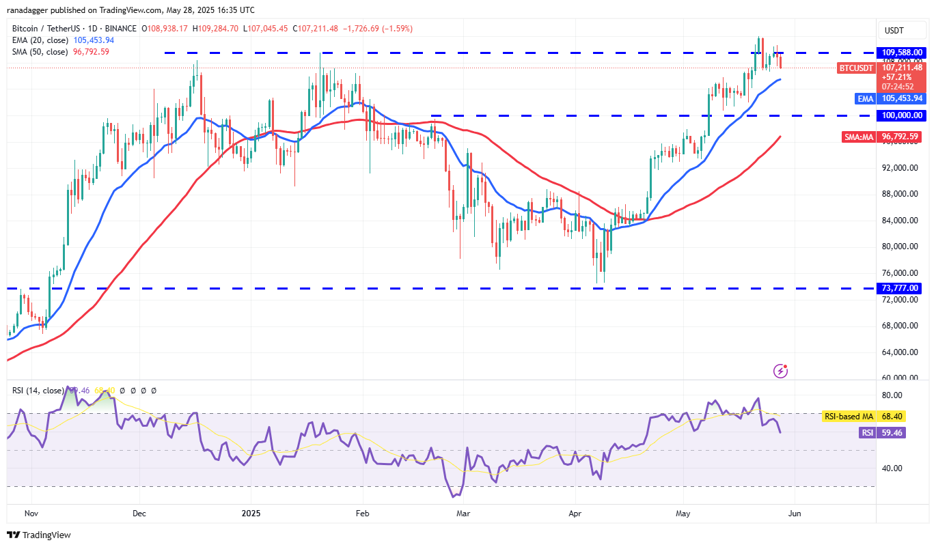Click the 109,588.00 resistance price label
coord(902,52)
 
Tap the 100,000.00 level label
coord(902,115)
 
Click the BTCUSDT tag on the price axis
coord(856,68)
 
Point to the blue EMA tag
coord(866,98)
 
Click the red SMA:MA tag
coord(859,137)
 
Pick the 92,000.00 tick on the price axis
coord(901,168)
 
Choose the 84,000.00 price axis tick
coord(901,221)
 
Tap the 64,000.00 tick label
coord(901,352)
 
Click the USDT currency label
coord(894,30)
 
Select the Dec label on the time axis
coord(139,513)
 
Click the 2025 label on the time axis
coord(251,513)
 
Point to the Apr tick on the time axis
coord(575,513)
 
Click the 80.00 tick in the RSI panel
coord(892,395)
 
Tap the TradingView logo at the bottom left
coord(39,535)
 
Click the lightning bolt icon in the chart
coord(781,371)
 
